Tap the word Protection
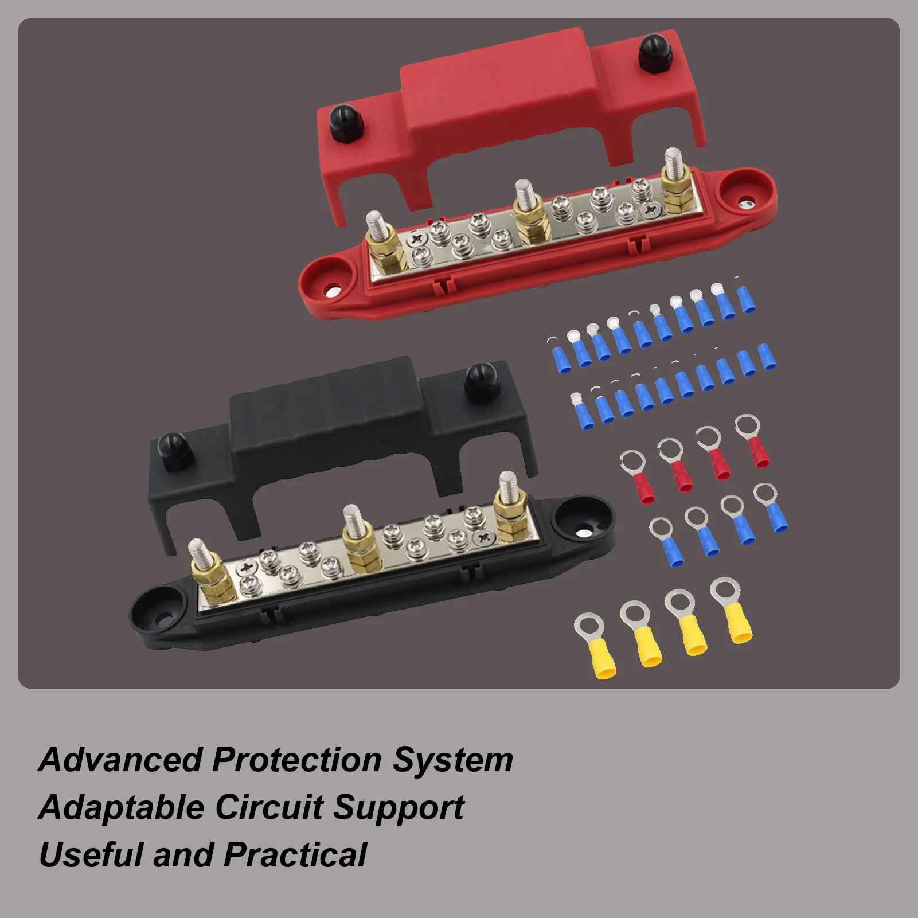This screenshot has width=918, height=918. pyautogui.click(x=296, y=760)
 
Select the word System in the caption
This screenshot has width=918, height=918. pyautogui.click(x=452, y=760)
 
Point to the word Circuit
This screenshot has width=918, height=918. pyautogui.click(x=269, y=807)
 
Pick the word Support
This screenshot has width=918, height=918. pyautogui.click(x=399, y=808)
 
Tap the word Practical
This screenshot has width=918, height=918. pyautogui.click(x=295, y=855)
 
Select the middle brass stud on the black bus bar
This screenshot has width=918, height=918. pyautogui.click(x=356, y=539)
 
